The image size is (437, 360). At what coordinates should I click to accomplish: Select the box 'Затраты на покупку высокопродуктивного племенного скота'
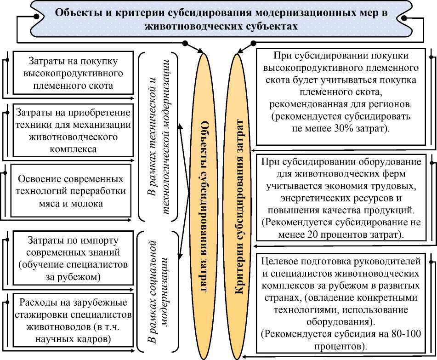[x=70, y=73]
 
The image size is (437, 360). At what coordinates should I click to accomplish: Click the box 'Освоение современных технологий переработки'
[x=70, y=190]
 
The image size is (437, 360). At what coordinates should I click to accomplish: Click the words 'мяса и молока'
[x=70, y=203]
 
